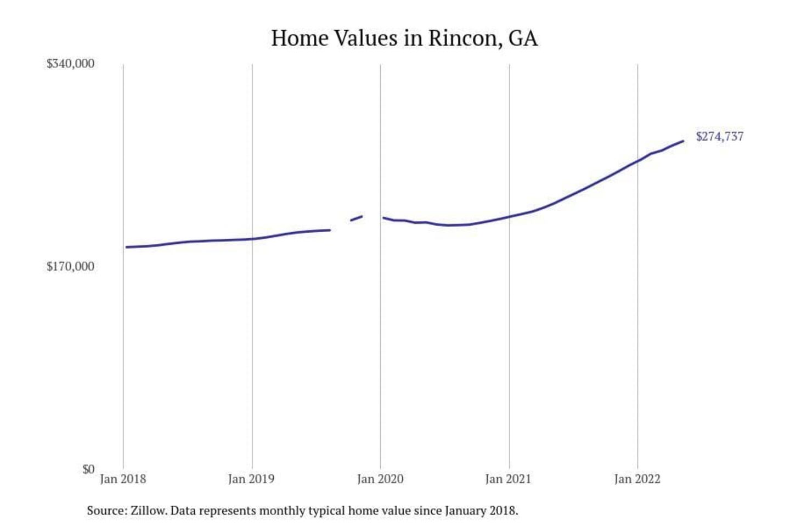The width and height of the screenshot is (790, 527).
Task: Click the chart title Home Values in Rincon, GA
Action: coord(404,38)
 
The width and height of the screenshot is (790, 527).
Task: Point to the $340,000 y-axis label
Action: coord(70,64)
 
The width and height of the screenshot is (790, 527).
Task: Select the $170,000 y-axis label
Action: coord(70,267)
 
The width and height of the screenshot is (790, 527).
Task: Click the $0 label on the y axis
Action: coord(88,469)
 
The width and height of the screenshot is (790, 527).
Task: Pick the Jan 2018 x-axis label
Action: coord(123,479)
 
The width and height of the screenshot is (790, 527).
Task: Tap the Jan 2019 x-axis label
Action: coord(251,479)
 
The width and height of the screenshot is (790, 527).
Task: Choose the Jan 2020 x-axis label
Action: coord(380,479)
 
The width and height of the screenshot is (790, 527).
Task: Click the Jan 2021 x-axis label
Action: coord(509,479)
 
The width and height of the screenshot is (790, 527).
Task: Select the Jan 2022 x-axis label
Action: coord(637,479)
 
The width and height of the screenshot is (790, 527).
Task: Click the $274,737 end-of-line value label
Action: coord(720,137)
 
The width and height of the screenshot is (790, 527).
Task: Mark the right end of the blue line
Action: coord(683,141)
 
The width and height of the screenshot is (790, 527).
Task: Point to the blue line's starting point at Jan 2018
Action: coord(126,247)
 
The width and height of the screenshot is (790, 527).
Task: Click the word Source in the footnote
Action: coord(105,511)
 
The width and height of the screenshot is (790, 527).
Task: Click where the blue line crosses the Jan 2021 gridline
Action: coord(509,216)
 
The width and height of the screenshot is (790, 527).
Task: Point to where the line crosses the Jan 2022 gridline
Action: coord(637,160)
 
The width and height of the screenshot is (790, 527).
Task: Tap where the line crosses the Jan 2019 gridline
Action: coord(252,239)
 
